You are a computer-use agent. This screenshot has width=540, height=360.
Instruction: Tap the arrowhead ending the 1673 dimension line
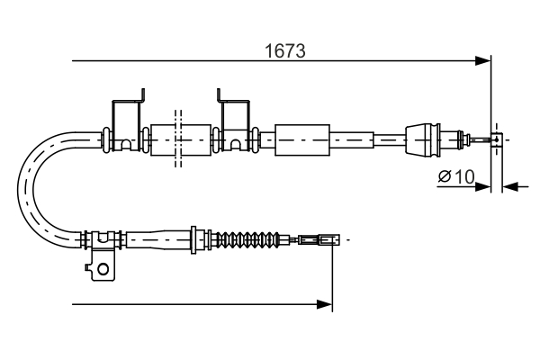[x=484, y=61]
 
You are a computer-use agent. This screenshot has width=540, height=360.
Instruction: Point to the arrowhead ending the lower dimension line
[x=326, y=305]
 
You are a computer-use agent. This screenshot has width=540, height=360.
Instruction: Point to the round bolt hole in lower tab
[x=103, y=268]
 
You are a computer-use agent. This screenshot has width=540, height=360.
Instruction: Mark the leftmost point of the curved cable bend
[x=20, y=189]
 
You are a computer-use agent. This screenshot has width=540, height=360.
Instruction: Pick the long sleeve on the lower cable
[x=158, y=240]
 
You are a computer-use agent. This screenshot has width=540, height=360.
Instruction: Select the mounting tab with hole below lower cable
[x=101, y=265]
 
